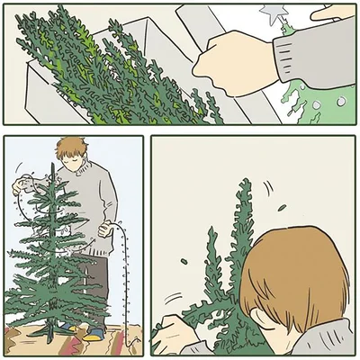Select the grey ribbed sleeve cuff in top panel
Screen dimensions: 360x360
(x=290, y=58)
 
